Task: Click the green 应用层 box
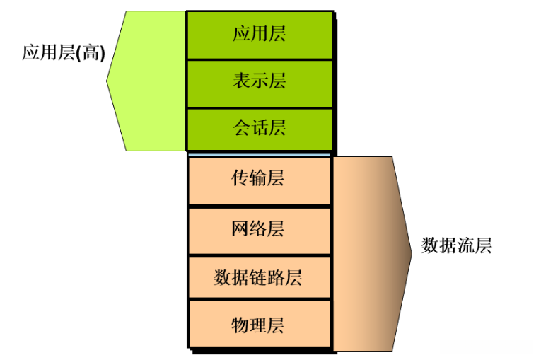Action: click(x=260, y=34)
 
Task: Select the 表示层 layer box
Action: click(x=260, y=82)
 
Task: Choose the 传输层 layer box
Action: click(x=259, y=179)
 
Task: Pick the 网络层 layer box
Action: click(x=259, y=229)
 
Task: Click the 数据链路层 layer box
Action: click(x=259, y=277)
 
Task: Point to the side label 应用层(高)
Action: click(x=63, y=54)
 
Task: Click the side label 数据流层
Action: click(x=456, y=246)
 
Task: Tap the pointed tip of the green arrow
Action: click(x=107, y=81)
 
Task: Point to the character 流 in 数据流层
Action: click(x=465, y=246)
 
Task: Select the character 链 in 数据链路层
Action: click(x=258, y=277)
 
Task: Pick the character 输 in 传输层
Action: click(x=259, y=179)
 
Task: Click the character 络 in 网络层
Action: click(x=259, y=229)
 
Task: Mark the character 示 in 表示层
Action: click(x=260, y=82)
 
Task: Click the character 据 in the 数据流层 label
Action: click(x=448, y=246)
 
